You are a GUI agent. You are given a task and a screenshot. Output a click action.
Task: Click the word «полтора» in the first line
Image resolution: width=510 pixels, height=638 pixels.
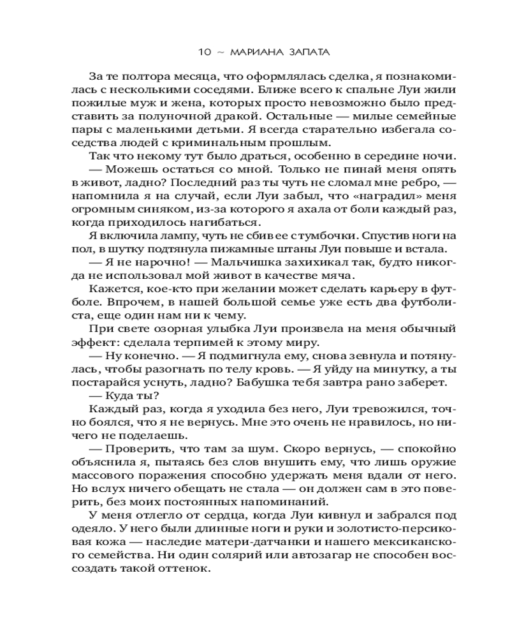(x=149, y=77)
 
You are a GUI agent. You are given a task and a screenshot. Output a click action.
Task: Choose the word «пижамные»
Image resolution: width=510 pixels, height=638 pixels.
(x=244, y=249)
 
